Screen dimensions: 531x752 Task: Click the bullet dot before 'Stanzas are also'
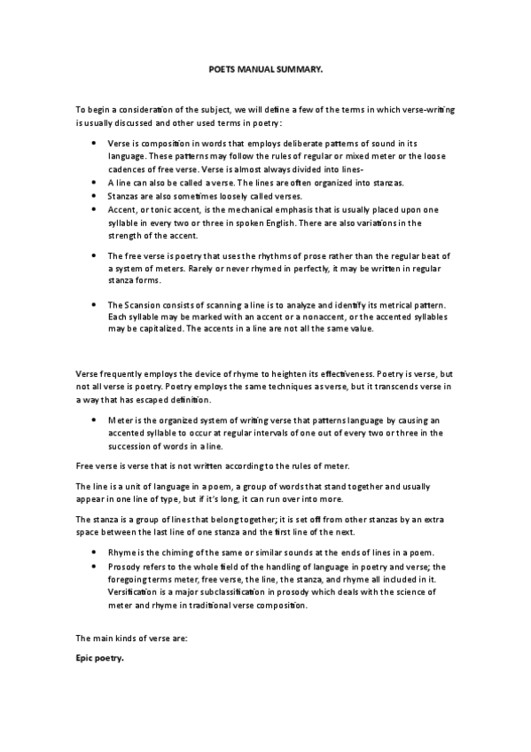point(94,195)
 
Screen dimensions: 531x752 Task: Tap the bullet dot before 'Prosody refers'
point(94,566)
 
